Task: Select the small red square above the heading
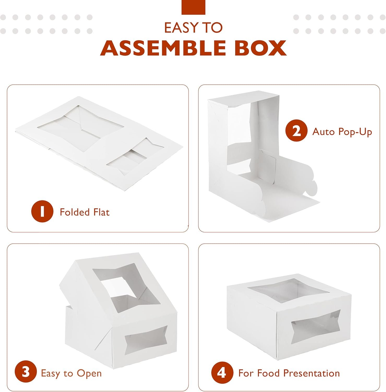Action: [x=193, y=7]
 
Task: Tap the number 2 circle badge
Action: [x=296, y=131]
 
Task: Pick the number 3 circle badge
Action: [x=26, y=372]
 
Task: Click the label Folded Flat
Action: [x=85, y=212]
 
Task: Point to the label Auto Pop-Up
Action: [x=342, y=132]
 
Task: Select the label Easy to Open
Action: [x=71, y=373]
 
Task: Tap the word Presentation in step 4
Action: [x=311, y=373]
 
